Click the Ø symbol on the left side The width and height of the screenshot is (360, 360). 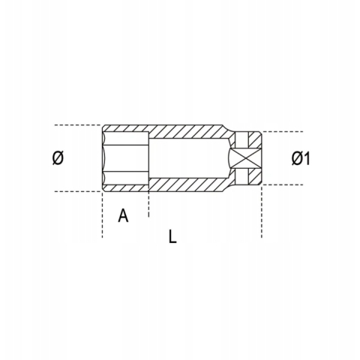click(x=58, y=158)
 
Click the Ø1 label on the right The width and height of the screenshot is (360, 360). click(x=300, y=158)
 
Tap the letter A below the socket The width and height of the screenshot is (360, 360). click(x=124, y=216)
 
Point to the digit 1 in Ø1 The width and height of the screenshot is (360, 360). click(x=307, y=158)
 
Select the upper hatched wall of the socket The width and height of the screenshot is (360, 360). click(x=180, y=130)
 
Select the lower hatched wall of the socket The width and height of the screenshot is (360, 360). click(x=180, y=185)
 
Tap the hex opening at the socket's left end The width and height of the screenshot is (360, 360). click(x=124, y=157)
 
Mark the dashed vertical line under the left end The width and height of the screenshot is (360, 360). click(x=101, y=217)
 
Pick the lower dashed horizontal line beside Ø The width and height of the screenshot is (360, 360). click(x=75, y=192)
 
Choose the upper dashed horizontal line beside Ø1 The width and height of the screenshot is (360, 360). click(x=289, y=132)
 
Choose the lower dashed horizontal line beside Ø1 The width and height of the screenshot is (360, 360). click(x=289, y=184)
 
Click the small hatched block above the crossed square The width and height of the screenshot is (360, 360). click(x=245, y=139)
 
